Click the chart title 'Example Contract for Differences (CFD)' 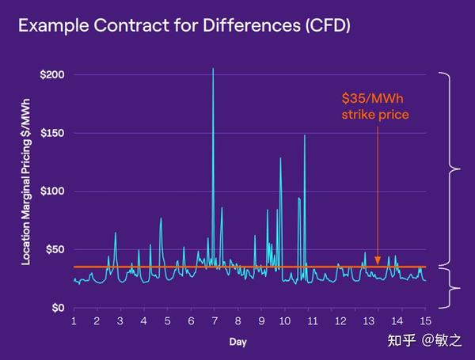(x=184, y=25)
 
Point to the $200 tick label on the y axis (x=52, y=74)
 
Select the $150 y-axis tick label (x=52, y=133)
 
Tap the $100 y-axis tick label (x=52, y=191)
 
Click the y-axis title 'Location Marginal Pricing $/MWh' (x=26, y=190)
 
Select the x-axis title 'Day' (x=237, y=342)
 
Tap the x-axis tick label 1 (x=74, y=321)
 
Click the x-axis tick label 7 (x=215, y=321)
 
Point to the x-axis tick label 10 (x=285, y=321)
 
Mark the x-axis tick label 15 (x=426, y=321)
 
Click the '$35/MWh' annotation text (x=375, y=99)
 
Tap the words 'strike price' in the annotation (x=375, y=115)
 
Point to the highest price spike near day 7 (x=213, y=70)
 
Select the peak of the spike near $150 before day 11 (x=305, y=136)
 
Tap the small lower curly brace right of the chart (x=454, y=288)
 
